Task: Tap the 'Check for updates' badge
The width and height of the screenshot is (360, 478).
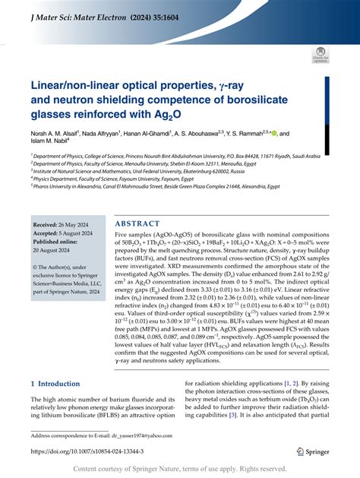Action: coord(320,55)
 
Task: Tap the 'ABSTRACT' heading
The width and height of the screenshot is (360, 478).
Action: coord(139,224)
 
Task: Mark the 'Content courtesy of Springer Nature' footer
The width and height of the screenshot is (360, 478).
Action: coord(180,470)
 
